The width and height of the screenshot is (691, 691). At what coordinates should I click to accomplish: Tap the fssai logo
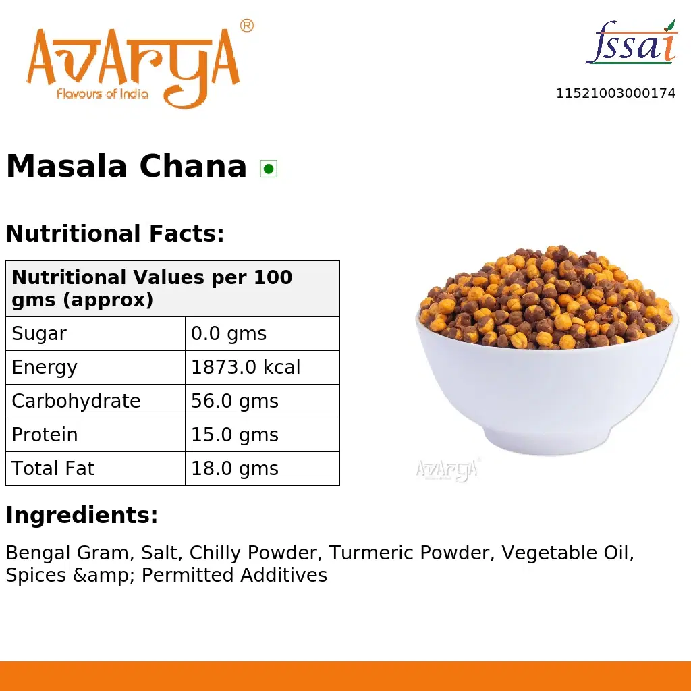tap(631, 44)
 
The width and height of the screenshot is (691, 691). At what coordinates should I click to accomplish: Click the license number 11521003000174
tap(615, 94)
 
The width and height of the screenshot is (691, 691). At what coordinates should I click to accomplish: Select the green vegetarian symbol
tap(269, 169)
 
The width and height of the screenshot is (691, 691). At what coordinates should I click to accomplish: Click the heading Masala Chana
tap(126, 167)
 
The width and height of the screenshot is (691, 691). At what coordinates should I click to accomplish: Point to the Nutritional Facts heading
tap(115, 234)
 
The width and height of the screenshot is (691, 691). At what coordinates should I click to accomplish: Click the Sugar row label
tap(39, 333)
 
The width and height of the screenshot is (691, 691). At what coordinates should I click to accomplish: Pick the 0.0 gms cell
tap(229, 333)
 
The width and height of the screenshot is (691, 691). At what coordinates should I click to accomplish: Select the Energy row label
tap(45, 367)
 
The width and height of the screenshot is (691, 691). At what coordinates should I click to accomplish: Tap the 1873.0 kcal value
tap(246, 367)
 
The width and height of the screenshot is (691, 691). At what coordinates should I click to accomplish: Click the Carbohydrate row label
tap(76, 401)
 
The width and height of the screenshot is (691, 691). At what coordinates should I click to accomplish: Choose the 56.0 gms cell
tap(235, 401)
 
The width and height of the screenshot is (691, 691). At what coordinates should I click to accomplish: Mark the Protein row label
tap(45, 435)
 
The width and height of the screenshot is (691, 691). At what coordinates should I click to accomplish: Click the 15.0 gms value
tap(235, 435)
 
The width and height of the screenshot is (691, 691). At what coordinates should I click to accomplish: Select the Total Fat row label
tap(53, 468)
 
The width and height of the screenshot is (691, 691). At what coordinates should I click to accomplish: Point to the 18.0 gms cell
tap(235, 468)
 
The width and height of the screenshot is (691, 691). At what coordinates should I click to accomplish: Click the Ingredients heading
tap(82, 516)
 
